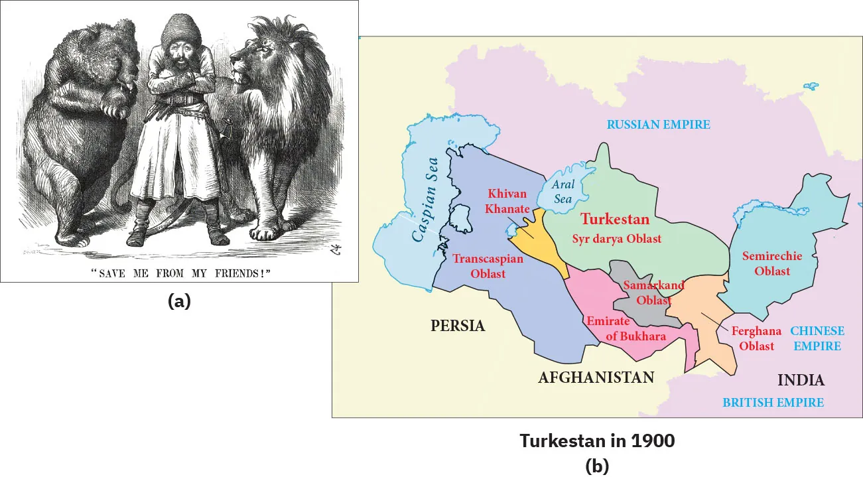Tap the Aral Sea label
pos(563,191)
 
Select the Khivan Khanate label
pos(507,201)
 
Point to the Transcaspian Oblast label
pos(488,265)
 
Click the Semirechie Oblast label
pos(772,263)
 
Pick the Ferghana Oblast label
pos(757,338)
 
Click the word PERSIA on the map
pos(458,326)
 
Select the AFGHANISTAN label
pos(596,377)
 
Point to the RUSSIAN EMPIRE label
pos(658,124)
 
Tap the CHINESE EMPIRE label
pos(817,338)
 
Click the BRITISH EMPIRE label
pos(773,402)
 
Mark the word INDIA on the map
pos(801,380)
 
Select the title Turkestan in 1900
pos(597,441)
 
